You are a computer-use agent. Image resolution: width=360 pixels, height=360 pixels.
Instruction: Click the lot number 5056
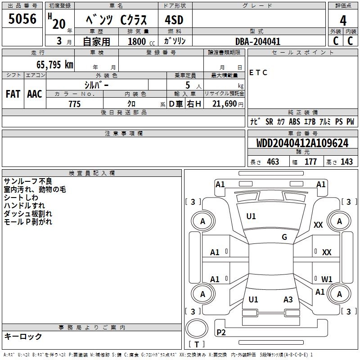[22, 20]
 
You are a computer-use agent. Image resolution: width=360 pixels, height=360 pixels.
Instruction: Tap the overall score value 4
[343, 20]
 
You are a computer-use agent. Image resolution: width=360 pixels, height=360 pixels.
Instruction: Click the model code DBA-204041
[258, 41]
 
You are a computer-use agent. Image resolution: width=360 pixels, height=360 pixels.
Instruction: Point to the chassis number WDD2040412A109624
[302, 144]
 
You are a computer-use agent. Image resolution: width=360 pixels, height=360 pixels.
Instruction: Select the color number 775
[74, 104]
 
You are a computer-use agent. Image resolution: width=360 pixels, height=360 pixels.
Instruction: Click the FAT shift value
[13, 94]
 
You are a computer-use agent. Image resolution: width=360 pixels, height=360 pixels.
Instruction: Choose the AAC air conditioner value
[35, 94]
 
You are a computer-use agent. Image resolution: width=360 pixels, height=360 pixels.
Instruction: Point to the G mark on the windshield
[284, 237]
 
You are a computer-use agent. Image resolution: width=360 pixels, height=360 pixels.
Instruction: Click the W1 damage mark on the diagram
[327, 279]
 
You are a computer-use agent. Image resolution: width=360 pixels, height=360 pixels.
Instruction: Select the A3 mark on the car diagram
[288, 300]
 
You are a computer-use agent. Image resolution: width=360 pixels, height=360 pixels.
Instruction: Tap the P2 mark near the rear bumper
[221, 332]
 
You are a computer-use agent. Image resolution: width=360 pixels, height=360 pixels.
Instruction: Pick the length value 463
[273, 162]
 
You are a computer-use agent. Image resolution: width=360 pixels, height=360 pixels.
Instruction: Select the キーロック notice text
[23, 337]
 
